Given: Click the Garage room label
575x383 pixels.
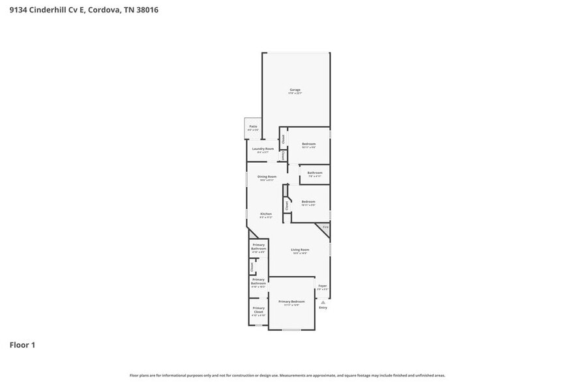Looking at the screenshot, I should click(x=295, y=90).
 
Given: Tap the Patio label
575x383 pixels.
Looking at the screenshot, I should click(x=253, y=126).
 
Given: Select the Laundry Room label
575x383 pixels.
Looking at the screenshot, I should click(x=263, y=149).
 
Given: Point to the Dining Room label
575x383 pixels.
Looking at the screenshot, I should click(x=267, y=177).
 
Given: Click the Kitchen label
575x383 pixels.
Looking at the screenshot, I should click(x=266, y=214).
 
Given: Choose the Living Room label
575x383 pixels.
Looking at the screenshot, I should click(x=300, y=249).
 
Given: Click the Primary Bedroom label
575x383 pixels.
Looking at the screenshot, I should click(x=291, y=302).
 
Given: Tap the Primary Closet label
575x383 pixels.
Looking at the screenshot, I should click(x=258, y=310).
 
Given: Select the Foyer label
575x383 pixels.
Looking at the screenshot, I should click(x=322, y=286).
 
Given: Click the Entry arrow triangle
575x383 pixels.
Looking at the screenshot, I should click(x=323, y=302).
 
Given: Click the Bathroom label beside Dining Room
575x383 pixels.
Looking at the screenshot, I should click(x=315, y=173).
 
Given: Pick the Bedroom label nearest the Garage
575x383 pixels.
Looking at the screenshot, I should click(x=308, y=144).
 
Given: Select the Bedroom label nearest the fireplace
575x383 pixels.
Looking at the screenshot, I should click(x=308, y=202).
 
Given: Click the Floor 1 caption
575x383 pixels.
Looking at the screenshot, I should click(x=22, y=345).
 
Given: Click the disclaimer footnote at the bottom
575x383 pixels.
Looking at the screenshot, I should click(x=287, y=375).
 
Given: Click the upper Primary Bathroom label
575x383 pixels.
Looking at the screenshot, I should click(x=258, y=247).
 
